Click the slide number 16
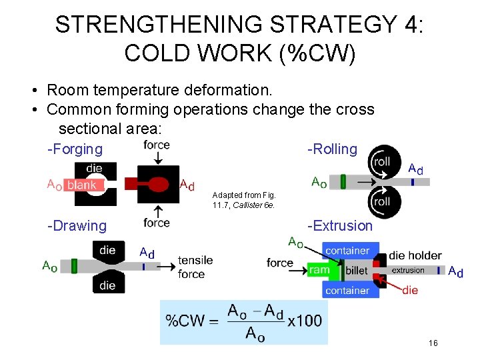[433, 343]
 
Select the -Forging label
[75, 149]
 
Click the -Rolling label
[332, 149]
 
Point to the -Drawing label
[77, 226]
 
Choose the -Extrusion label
[339, 226]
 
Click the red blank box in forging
[82, 185]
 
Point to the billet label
[357, 271]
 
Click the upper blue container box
[347, 251]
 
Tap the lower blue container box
[347, 290]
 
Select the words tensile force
[195, 267]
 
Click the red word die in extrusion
[410, 290]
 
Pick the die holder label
[415, 255]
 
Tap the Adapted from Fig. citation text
[243, 199]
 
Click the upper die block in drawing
[107, 251]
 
